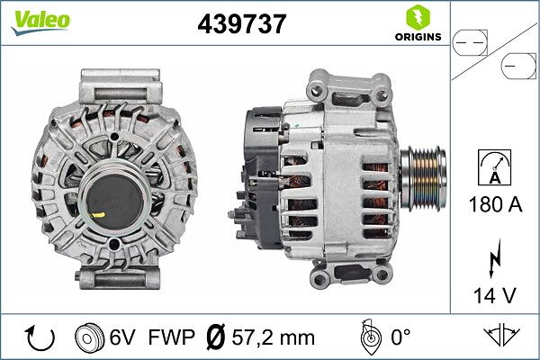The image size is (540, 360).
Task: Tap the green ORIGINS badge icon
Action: coord(417,18)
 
